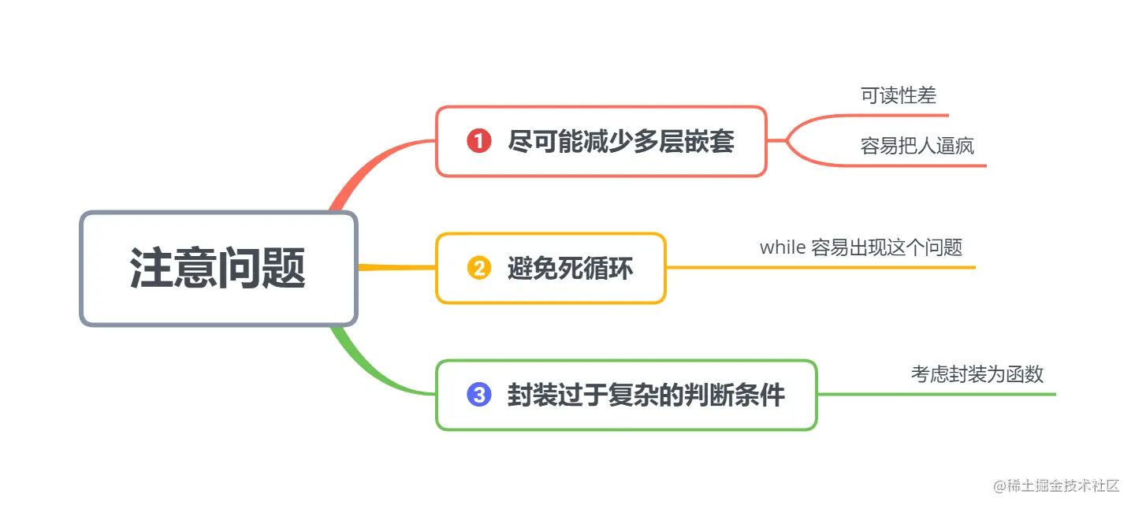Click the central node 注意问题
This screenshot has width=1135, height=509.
218,268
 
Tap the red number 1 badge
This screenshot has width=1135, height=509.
479,142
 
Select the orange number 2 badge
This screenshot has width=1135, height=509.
479,269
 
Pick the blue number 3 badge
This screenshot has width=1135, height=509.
479,395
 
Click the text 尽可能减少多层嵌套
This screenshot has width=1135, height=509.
621,142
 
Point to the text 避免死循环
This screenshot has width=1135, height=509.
570,269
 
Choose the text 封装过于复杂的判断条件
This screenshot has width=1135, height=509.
646,395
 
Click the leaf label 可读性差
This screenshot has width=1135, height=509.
898,96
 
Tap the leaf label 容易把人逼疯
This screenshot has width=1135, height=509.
917,146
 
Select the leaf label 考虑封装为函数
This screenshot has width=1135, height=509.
977,374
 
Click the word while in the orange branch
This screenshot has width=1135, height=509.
782,247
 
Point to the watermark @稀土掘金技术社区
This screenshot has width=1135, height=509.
1056,486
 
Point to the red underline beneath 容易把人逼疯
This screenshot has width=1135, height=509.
922,165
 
